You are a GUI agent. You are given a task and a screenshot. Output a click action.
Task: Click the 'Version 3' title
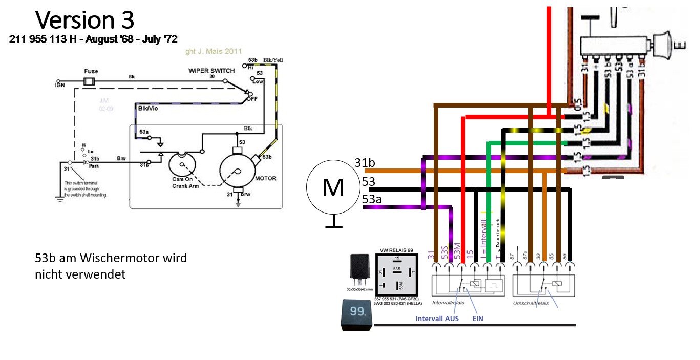click(x=84, y=20)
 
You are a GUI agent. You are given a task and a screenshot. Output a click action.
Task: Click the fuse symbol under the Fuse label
click(x=90, y=81)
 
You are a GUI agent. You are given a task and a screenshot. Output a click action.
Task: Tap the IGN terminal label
click(x=60, y=86)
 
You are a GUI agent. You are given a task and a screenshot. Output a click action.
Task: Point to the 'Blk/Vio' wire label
click(x=149, y=109)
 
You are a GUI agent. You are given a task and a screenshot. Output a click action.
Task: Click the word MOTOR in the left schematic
click(x=265, y=178)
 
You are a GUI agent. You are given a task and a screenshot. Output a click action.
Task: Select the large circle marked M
click(x=333, y=188)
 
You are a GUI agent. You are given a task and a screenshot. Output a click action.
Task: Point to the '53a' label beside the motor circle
click(x=372, y=199)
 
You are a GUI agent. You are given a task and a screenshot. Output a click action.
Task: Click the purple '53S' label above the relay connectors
click(x=445, y=251)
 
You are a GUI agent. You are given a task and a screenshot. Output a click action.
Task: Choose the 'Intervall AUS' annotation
click(x=437, y=318)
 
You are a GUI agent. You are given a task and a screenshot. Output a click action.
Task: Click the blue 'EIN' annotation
click(x=477, y=318)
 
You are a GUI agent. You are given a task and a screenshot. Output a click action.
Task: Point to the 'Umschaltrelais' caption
click(x=531, y=303)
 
